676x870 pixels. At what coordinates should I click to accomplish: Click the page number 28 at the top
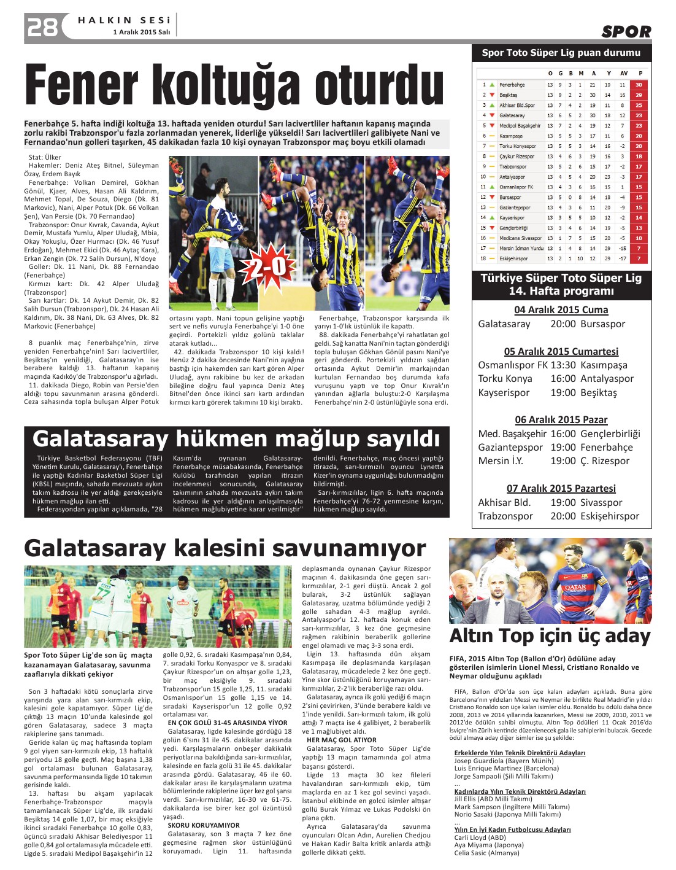click(42, 27)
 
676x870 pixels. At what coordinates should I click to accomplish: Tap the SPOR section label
click(626, 32)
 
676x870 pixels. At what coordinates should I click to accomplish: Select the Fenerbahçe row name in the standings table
click(512, 85)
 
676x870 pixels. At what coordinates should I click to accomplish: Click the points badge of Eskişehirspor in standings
click(639, 258)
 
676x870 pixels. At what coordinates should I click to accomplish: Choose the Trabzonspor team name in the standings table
click(513, 166)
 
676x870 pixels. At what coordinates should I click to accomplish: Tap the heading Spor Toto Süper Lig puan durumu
click(561, 53)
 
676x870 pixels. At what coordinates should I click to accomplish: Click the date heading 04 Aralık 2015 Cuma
click(561, 310)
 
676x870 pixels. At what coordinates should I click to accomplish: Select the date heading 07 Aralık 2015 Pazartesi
click(561, 488)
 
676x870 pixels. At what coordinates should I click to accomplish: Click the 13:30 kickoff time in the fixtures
click(563, 365)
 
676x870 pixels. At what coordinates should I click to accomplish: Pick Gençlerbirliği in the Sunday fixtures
click(610, 433)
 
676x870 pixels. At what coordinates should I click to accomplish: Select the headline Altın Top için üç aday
click(550, 636)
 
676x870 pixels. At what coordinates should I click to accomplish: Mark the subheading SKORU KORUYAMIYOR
click(204, 825)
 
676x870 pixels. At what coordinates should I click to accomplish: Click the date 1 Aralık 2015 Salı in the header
click(141, 32)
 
